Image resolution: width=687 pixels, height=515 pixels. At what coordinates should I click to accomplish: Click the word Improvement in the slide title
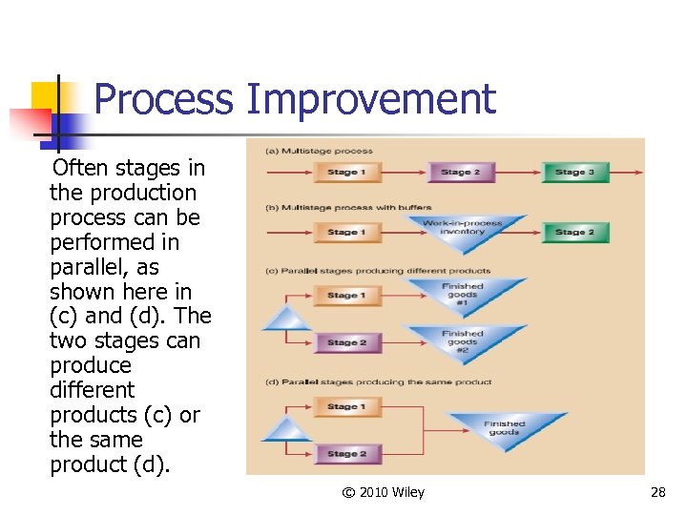click(371, 100)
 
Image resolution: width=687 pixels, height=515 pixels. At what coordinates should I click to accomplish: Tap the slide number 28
click(657, 492)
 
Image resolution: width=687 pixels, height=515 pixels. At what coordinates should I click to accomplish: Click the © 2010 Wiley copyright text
click(384, 492)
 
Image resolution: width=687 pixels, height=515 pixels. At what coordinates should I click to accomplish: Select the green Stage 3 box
click(574, 173)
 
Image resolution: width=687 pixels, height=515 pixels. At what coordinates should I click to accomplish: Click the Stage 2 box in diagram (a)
click(460, 173)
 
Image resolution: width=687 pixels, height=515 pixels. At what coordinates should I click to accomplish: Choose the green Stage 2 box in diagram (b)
click(574, 232)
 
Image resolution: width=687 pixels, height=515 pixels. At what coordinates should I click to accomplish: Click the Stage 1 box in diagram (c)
click(346, 295)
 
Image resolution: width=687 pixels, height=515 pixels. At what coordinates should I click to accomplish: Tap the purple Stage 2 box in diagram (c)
click(346, 342)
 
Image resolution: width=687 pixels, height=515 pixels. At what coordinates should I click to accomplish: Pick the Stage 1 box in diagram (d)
click(346, 406)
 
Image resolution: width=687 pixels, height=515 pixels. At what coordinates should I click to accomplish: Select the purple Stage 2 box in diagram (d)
click(346, 454)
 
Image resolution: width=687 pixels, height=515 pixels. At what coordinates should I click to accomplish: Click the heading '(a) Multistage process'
click(320, 151)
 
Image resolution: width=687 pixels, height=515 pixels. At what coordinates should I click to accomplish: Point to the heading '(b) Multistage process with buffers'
click(348, 207)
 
